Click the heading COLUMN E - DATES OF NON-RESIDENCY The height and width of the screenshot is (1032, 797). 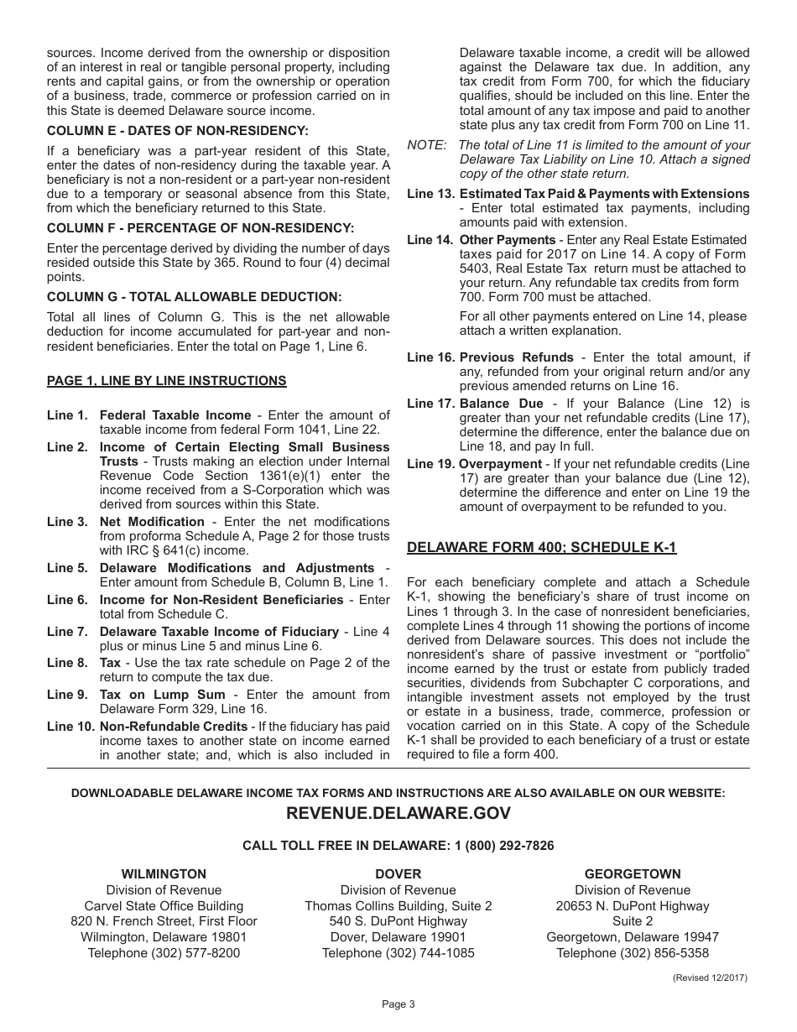point(178,130)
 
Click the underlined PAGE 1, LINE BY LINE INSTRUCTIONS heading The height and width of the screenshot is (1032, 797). point(166,381)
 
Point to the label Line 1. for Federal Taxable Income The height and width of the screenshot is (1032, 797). point(67,415)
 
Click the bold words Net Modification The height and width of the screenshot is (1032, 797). point(152,522)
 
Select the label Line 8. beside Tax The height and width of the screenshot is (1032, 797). point(67,663)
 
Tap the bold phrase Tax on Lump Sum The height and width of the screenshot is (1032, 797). point(162,695)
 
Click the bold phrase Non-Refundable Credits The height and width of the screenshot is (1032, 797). point(173,727)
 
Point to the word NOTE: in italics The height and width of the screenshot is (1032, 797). point(427,145)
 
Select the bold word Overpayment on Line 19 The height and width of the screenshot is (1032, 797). point(501,464)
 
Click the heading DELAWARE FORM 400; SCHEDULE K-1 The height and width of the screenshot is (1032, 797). point(542,548)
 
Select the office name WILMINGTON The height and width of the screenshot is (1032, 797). point(164,874)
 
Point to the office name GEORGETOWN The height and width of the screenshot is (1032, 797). point(633,874)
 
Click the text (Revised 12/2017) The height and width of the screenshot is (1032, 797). point(709,977)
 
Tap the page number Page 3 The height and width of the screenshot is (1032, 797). point(398,1003)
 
